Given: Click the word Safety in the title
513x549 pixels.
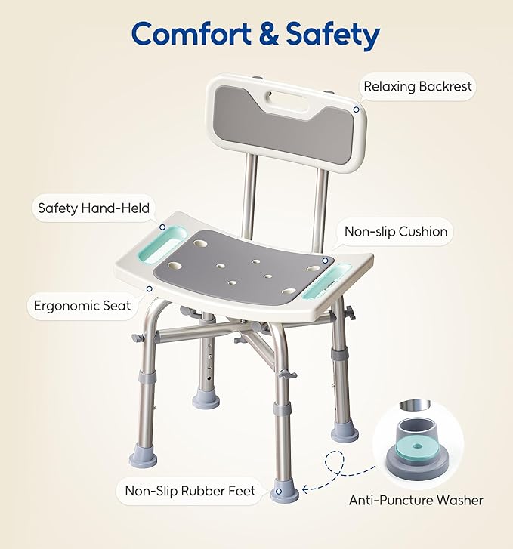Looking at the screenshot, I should click(329, 34).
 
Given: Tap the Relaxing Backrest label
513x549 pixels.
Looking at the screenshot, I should click(417, 87).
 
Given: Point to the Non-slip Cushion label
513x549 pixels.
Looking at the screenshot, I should click(395, 232).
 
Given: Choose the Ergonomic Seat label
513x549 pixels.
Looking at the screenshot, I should click(82, 306).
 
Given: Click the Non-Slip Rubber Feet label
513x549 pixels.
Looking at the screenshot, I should click(190, 491).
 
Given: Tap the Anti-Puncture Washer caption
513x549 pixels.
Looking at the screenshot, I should click(416, 500).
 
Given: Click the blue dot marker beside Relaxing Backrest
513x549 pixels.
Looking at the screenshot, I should click(354, 109).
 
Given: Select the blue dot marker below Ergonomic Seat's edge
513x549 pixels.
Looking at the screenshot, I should click(149, 288).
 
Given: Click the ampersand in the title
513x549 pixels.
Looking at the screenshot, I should click(267, 34).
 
